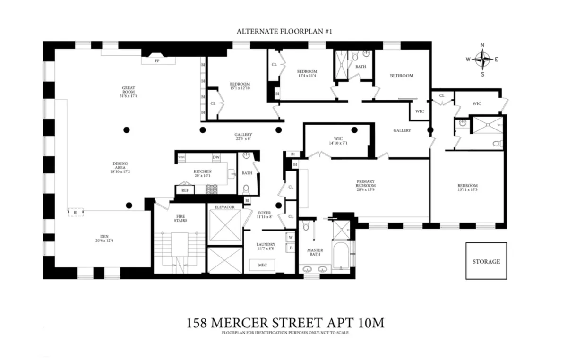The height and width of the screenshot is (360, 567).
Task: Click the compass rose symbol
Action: point(482,60)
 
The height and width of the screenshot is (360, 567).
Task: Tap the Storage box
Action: point(486,261)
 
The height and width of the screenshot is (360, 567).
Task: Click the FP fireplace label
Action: point(157,61)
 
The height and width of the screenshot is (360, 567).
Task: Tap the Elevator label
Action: point(224,207)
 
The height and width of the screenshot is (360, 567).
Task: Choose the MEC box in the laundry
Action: point(262,265)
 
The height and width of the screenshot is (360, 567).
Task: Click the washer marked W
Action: point(290,237)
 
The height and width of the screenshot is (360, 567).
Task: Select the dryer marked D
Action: point(290,247)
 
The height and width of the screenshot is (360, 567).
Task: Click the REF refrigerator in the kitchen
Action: point(185,190)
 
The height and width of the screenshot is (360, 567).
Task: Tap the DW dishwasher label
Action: point(216,157)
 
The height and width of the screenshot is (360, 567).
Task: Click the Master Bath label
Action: point(315,252)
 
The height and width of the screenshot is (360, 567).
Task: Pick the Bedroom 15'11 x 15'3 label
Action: point(467,188)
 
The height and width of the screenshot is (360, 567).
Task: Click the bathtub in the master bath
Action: point(340,256)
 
